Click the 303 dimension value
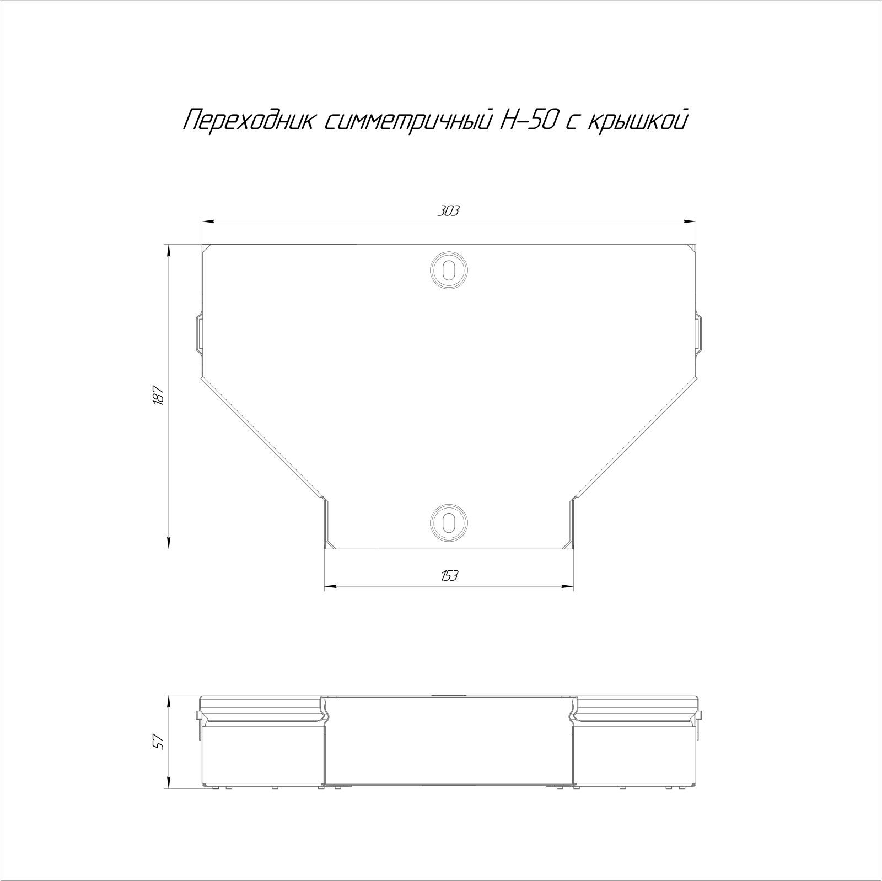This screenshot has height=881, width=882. (x=448, y=211)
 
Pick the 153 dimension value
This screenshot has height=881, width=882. (x=449, y=576)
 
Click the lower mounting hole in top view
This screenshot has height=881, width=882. (x=449, y=521)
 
